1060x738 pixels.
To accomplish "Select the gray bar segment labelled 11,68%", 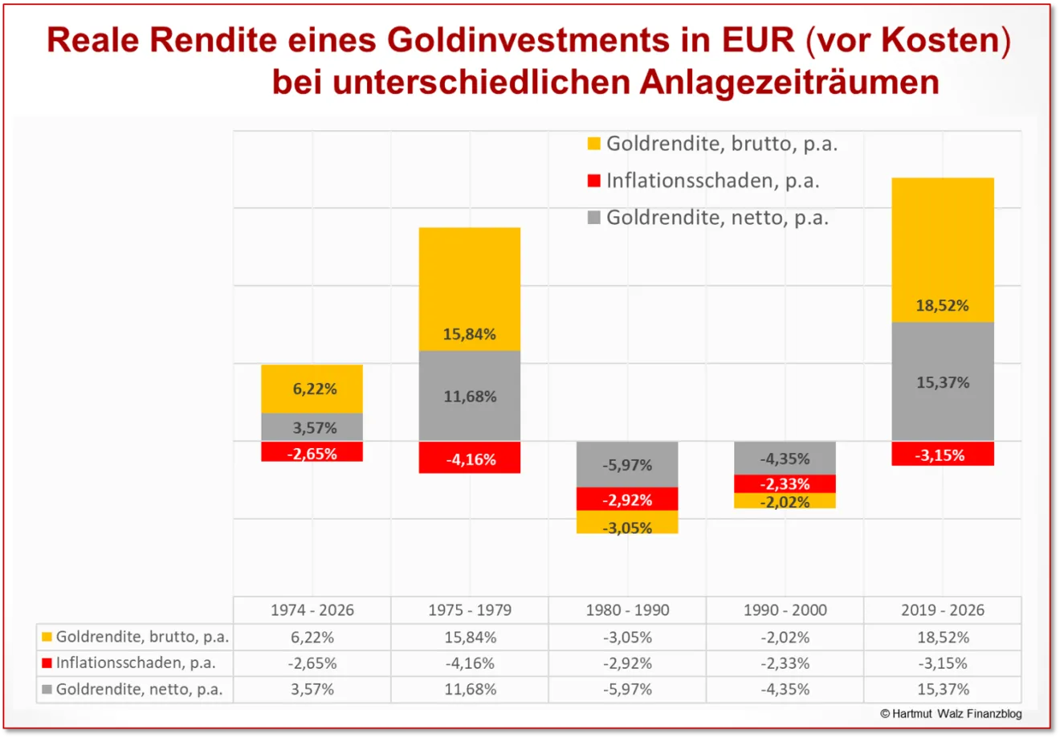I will point(470,396).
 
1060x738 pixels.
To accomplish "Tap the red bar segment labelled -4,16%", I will point(470,458).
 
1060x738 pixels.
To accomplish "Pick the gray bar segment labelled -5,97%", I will point(627,464).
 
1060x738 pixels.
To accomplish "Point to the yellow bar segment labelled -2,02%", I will point(785,501).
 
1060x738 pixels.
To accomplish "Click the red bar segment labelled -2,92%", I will point(627,499).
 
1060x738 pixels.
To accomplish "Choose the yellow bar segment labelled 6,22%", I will point(312,389).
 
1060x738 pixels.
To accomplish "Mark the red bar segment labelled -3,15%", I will point(943,454).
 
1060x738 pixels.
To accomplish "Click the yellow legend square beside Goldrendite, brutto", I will point(594,144).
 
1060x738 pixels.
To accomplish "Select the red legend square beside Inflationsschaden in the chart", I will point(594,181).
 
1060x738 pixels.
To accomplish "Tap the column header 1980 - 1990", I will point(627,610).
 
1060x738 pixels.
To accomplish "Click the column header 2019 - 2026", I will point(943,610).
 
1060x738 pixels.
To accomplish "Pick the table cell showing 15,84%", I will point(470,638).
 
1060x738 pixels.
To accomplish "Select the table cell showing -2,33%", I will point(785,663).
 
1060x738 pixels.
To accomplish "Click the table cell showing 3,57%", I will point(312,689).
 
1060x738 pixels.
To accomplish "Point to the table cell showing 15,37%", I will point(943,689).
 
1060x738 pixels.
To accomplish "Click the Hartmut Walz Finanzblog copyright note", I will point(951,713).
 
